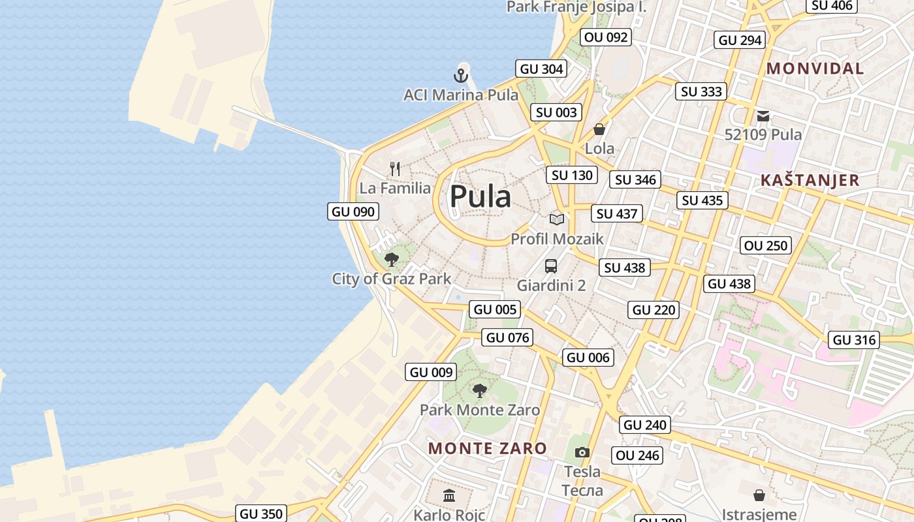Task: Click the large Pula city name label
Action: [x=480, y=196]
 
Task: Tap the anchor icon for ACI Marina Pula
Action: [x=462, y=76]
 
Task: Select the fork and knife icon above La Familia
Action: [x=395, y=169]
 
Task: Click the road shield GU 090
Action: [x=353, y=211]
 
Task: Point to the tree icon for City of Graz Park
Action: [x=392, y=260]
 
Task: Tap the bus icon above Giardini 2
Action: [x=551, y=266]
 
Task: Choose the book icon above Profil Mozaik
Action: [x=557, y=220]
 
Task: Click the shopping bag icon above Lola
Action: [x=599, y=129]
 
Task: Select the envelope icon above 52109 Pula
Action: [x=763, y=116]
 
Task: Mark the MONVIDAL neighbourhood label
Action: [x=815, y=69]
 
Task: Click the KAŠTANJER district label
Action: [x=810, y=180]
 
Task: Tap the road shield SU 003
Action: [x=556, y=112]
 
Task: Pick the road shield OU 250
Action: [x=766, y=245]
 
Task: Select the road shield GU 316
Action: [x=855, y=340]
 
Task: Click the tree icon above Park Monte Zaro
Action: [x=480, y=391]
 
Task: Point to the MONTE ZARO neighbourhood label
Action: [x=487, y=448]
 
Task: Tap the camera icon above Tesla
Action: [x=582, y=452]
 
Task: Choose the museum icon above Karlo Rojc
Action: [x=449, y=496]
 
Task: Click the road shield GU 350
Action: [x=261, y=514]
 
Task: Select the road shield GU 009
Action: [x=432, y=372]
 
